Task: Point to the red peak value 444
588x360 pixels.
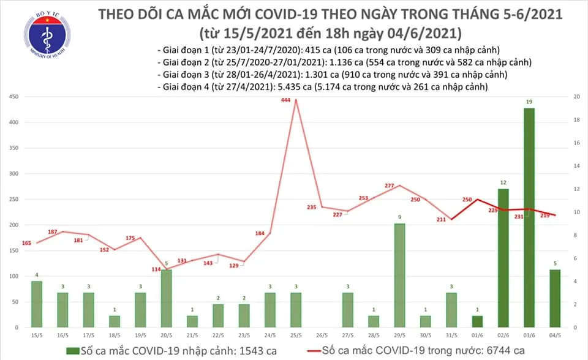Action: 285,92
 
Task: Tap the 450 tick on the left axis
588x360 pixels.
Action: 13,97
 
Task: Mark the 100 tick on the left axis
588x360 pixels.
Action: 13,277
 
